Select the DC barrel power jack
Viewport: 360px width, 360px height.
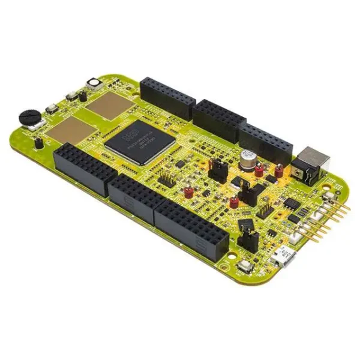311,164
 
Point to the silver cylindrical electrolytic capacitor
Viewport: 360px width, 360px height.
247,158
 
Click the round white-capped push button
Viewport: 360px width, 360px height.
94,82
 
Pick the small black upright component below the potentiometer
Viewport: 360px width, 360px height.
38,143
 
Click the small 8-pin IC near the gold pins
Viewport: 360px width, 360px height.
292,204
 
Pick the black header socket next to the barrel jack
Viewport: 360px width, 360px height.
264,142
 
